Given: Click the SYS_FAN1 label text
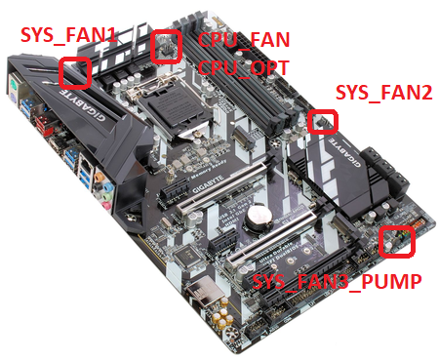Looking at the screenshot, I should pyautogui.click(x=69, y=36).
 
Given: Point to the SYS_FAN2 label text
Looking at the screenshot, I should pyautogui.click(x=383, y=93).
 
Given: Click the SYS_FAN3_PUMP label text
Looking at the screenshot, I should pyautogui.click(x=337, y=283).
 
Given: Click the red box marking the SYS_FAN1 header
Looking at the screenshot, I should pyautogui.click(x=75, y=71).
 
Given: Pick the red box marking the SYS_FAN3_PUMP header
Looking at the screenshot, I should pyautogui.click(x=396, y=241).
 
